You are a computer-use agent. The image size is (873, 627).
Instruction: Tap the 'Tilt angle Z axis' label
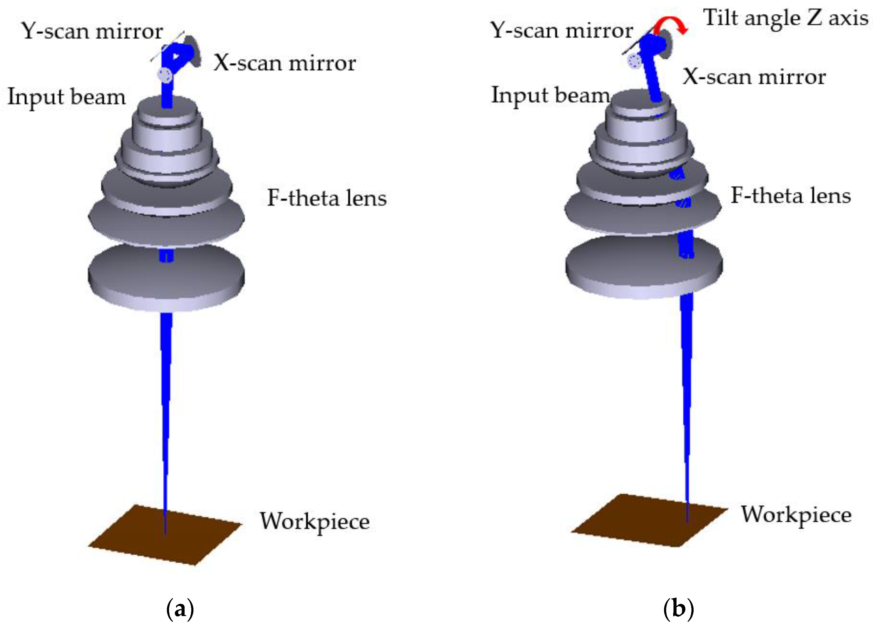pos(785,18)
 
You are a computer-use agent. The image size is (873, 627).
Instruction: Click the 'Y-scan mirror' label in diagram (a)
pos(92,31)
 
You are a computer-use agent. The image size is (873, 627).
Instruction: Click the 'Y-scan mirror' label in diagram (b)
pos(561,30)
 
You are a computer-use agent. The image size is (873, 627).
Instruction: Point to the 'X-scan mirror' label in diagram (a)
pos(285,63)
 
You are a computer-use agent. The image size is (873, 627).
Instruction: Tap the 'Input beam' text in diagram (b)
pos(550,95)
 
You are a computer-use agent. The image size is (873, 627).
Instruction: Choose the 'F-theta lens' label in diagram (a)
pos(327,198)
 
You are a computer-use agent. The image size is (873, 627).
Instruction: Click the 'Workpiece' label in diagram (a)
pos(314,522)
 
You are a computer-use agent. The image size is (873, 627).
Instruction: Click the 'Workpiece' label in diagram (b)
pos(796,515)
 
